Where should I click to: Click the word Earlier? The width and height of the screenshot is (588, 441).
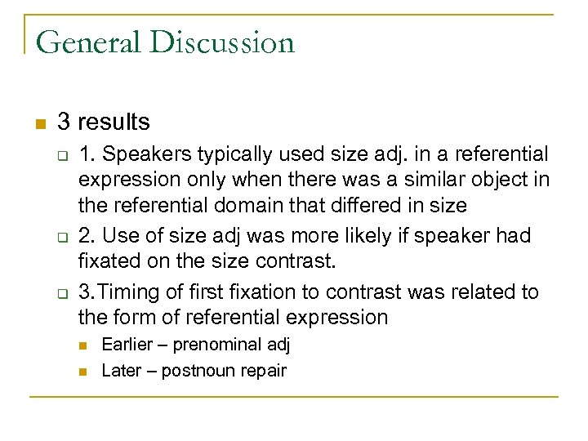coord(127,344)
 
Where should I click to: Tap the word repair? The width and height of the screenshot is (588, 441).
coord(261,370)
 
